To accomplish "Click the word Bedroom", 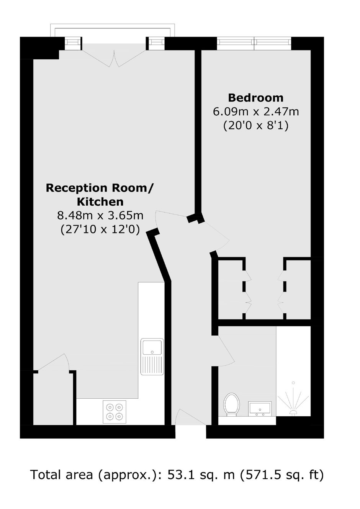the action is coord(256,98).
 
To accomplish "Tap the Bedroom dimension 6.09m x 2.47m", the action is coord(256,112).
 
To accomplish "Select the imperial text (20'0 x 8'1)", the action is coord(256,126).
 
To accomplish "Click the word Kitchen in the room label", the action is coord(100,202).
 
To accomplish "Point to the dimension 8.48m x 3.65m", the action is coord(100,215).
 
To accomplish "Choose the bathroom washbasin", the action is coord(260,408).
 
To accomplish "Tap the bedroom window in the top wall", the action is coord(254,43).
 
